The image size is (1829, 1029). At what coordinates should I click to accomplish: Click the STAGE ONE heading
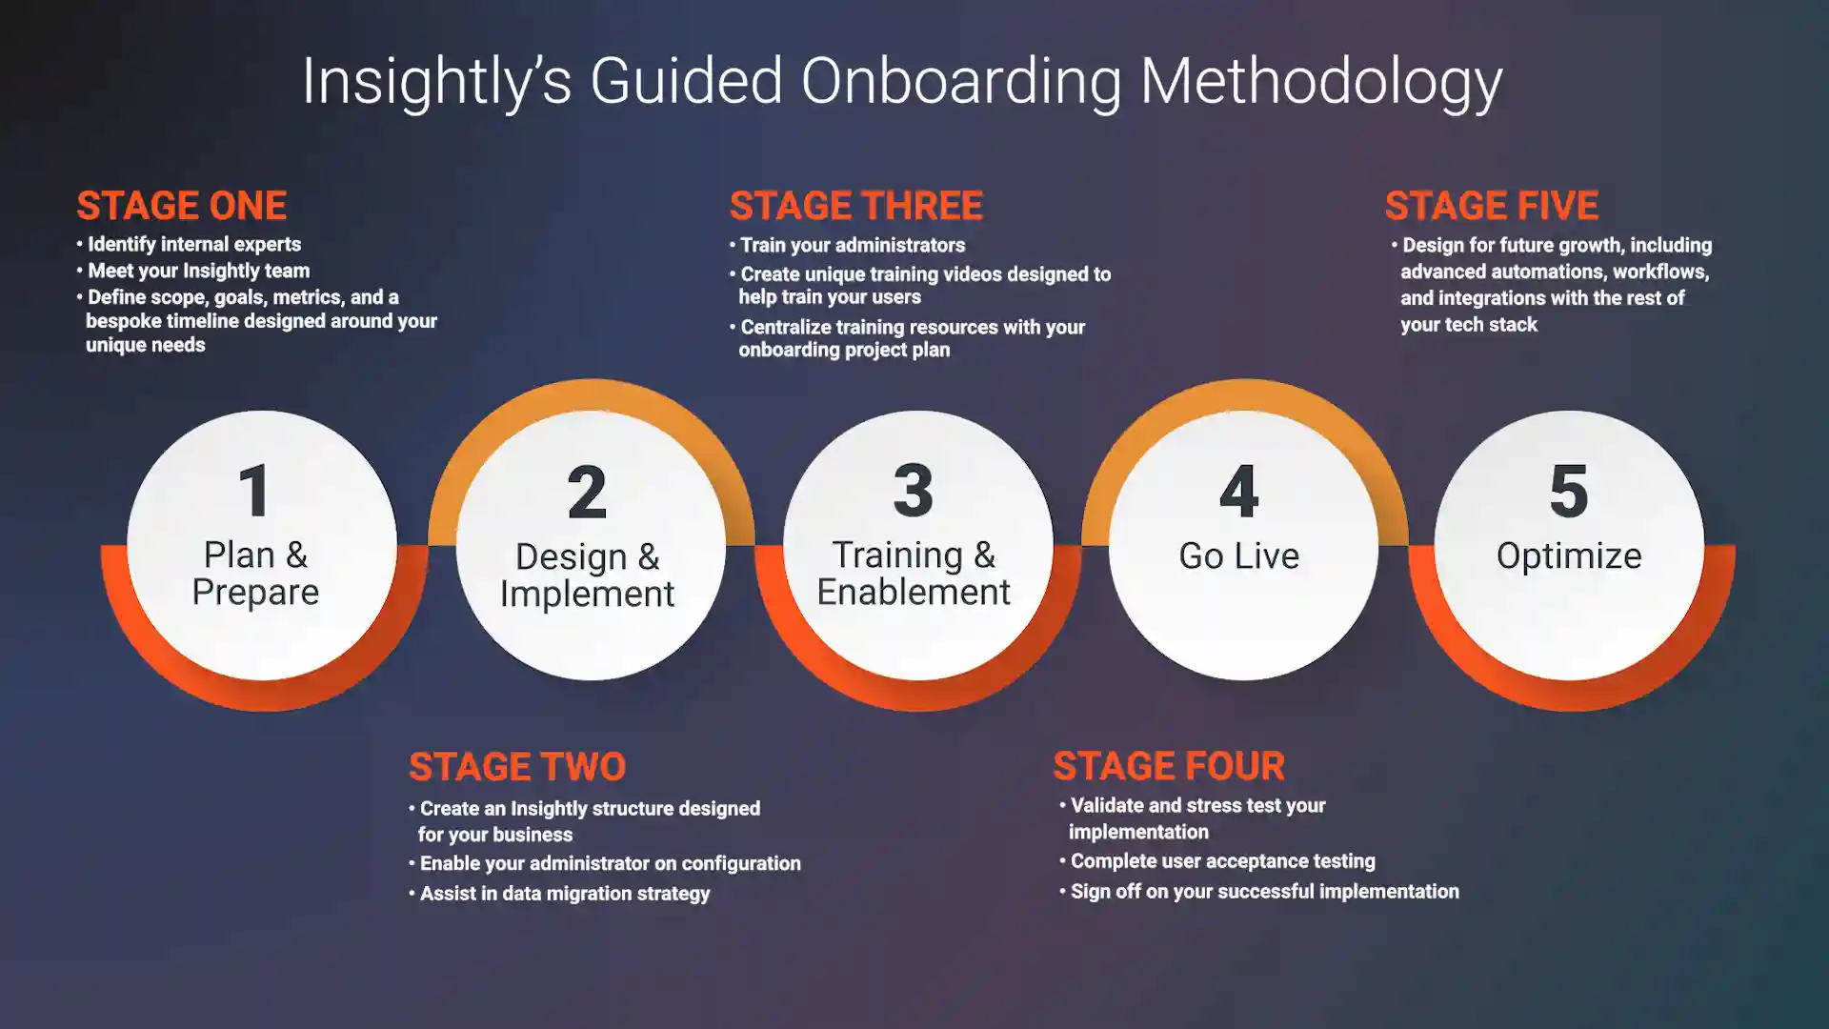pyautogui.click(x=181, y=206)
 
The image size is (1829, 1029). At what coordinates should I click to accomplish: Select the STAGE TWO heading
pyautogui.click(x=517, y=767)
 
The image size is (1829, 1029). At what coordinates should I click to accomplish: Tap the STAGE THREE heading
pyautogui.click(x=855, y=206)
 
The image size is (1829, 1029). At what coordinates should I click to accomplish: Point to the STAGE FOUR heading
pyautogui.click(x=1169, y=766)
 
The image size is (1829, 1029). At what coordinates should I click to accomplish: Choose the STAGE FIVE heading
pyautogui.click(x=1491, y=206)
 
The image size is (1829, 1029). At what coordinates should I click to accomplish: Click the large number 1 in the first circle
pyautogui.click(x=254, y=492)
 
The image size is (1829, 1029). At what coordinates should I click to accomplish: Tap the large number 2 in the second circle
pyautogui.click(x=587, y=493)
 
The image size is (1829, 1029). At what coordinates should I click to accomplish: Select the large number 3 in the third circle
pyautogui.click(x=913, y=491)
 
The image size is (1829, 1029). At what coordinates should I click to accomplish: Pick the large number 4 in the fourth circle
pyautogui.click(x=1239, y=492)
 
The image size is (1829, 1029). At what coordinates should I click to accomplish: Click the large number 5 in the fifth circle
pyautogui.click(x=1569, y=492)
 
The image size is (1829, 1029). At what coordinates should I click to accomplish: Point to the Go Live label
pyautogui.click(x=1238, y=555)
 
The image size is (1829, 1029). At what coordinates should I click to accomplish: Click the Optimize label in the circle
pyautogui.click(x=1569, y=555)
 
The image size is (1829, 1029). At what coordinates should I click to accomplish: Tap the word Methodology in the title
pyautogui.click(x=1321, y=82)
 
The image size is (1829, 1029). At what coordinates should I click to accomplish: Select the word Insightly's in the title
pyautogui.click(x=436, y=82)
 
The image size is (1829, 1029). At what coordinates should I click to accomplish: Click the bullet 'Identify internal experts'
pyautogui.click(x=193, y=245)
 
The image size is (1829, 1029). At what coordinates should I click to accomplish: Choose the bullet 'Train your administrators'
pyautogui.click(x=853, y=246)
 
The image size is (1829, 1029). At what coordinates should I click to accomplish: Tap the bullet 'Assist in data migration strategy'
pyautogui.click(x=565, y=894)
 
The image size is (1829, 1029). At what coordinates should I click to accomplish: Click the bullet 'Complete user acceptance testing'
pyautogui.click(x=1222, y=861)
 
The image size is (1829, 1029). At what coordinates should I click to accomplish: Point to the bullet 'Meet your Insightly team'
pyautogui.click(x=198, y=271)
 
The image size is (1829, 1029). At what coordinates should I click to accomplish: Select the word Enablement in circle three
pyautogui.click(x=913, y=593)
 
